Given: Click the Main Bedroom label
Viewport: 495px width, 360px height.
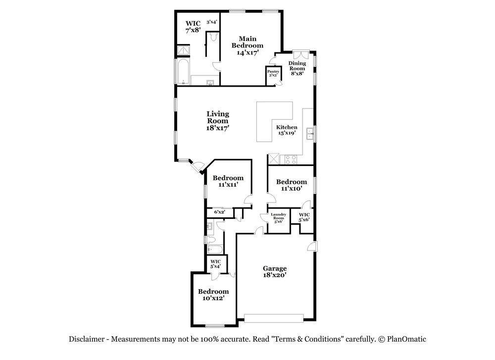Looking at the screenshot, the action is click(247, 46).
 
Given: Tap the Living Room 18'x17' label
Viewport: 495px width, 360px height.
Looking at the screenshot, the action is click(217, 121).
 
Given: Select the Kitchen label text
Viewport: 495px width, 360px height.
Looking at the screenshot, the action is click(287, 127).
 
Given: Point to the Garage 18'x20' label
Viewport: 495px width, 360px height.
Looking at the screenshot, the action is click(275, 272).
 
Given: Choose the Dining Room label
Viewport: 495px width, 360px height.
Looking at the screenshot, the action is click(297, 66).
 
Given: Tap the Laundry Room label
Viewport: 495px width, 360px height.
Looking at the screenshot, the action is click(278, 216).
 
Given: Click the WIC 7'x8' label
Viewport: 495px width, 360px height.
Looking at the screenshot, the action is click(193, 27).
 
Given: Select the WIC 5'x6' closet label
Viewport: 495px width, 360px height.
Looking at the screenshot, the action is click(304, 217).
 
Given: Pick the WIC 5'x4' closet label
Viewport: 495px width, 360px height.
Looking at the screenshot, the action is click(216, 263).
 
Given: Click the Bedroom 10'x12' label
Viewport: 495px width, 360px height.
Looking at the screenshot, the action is click(213, 294).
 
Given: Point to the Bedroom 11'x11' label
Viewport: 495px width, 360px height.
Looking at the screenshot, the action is click(228, 181).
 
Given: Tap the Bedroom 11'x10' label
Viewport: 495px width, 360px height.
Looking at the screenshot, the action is click(292, 185).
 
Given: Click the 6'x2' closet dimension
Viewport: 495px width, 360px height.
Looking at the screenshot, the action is click(219, 212).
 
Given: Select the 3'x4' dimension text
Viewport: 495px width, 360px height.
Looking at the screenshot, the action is click(212, 22).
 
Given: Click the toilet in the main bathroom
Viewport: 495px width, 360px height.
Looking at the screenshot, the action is click(214, 37).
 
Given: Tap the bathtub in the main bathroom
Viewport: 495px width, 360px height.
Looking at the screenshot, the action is click(183, 72).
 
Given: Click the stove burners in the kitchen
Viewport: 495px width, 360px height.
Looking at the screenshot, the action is click(291, 159).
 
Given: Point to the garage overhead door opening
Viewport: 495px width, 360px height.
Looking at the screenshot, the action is click(274, 318).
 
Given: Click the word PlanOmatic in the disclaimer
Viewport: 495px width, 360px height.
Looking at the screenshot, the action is click(406, 339).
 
